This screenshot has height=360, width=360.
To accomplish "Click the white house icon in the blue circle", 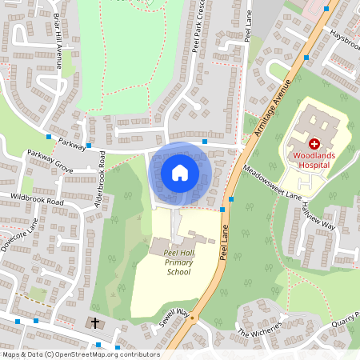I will [x=180, y=173].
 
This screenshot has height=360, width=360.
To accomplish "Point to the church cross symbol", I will [x=96, y=323].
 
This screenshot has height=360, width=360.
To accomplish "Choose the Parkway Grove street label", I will [x=50, y=161].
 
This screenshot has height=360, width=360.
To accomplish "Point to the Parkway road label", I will [x=72, y=146].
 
